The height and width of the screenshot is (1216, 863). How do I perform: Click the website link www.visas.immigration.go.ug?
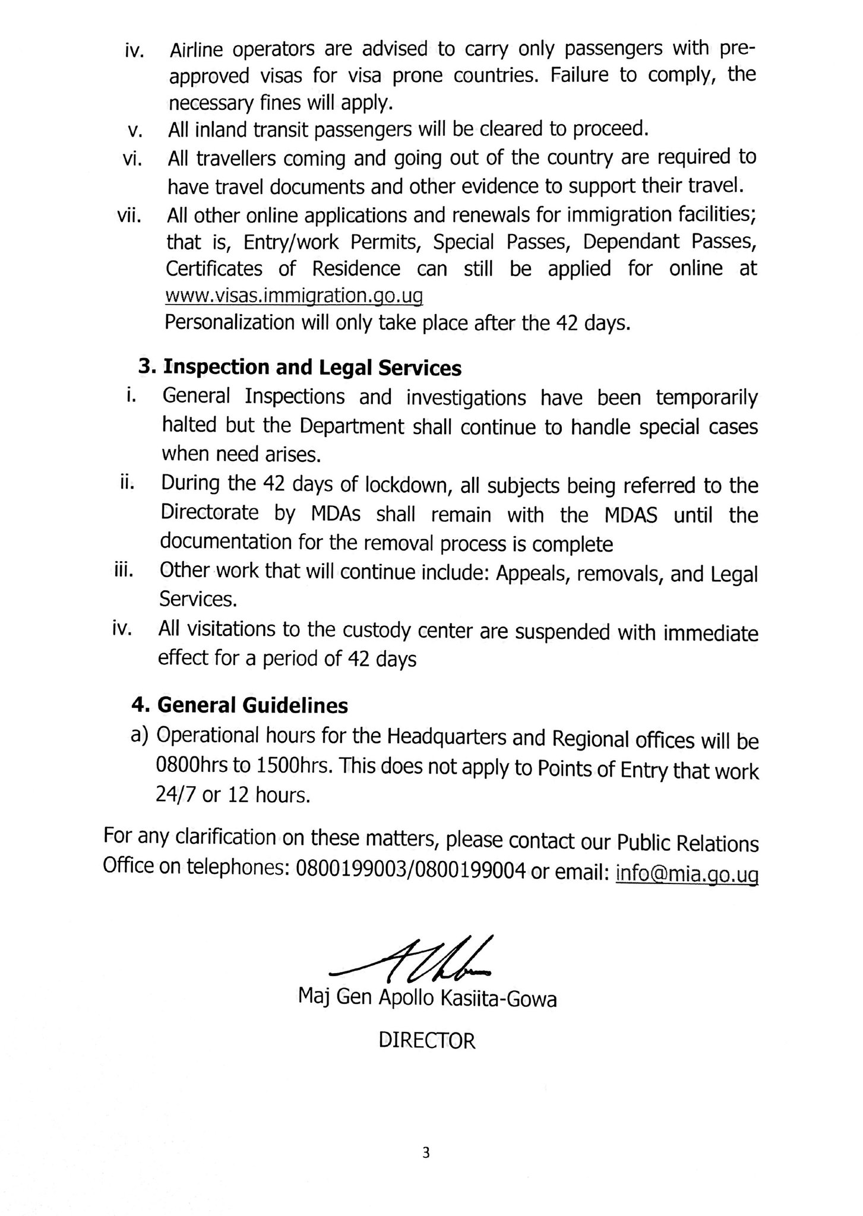294,295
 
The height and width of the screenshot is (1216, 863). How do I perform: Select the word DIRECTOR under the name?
427,1041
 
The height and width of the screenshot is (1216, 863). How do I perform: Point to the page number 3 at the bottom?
426,1153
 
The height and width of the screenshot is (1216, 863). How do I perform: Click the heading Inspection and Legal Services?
312,368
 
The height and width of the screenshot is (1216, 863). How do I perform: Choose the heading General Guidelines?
252,705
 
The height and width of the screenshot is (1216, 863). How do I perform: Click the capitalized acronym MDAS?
631,515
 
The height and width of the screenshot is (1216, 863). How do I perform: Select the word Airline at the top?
196,50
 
